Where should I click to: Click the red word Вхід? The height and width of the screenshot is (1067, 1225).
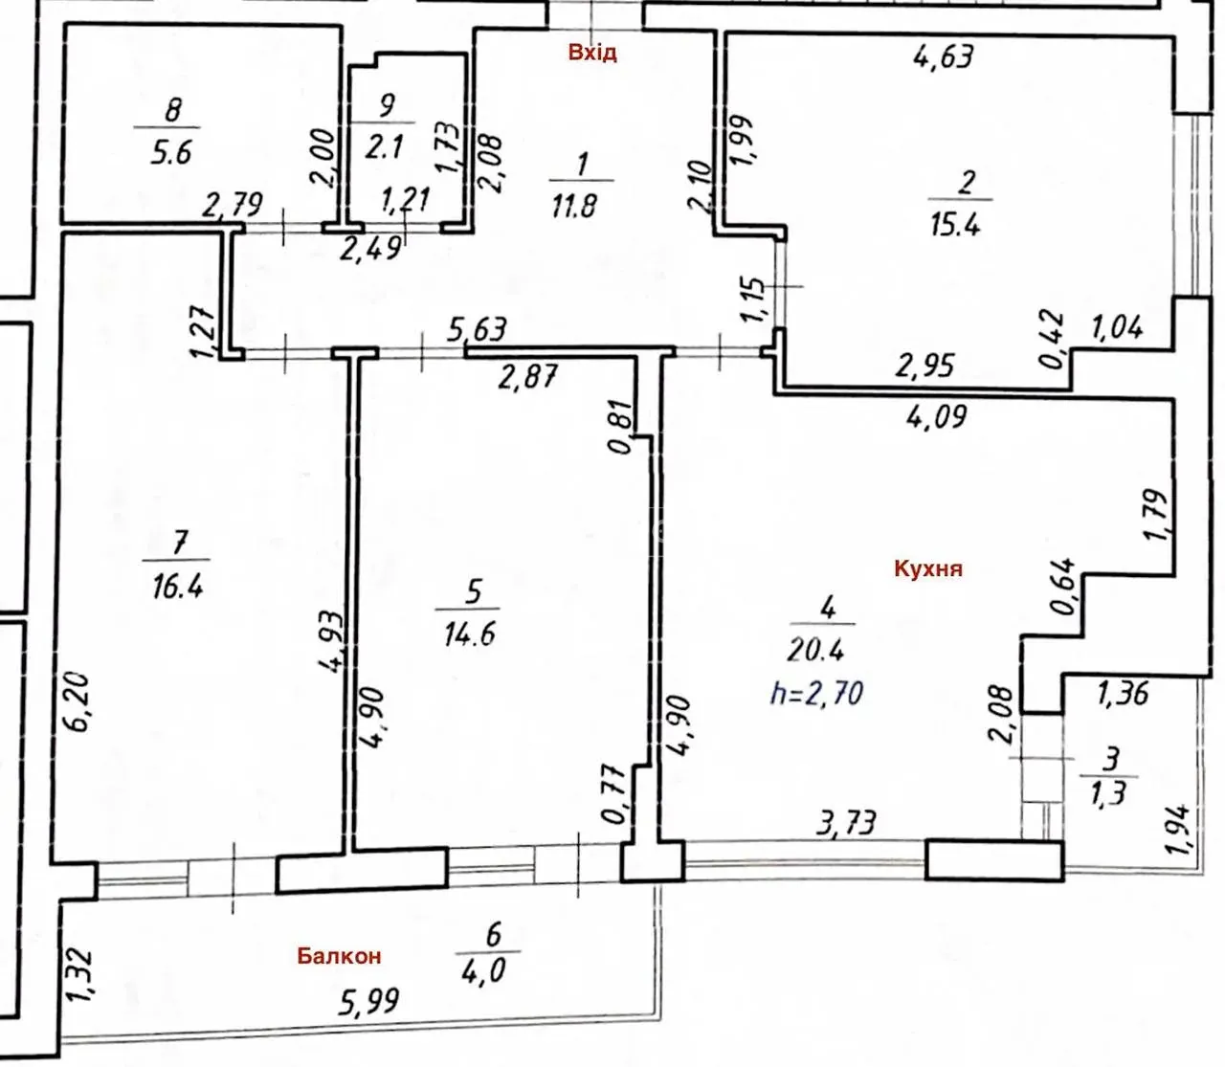[x=592, y=54]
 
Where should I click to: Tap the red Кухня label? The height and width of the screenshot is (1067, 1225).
[x=928, y=567]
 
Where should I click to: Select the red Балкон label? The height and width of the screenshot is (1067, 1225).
[x=339, y=956]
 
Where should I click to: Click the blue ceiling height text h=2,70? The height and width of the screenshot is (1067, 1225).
[x=816, y=694]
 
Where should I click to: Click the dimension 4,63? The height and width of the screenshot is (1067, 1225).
[x=944, y=56]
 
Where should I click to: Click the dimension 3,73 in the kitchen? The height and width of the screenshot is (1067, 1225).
[x=846, y=823]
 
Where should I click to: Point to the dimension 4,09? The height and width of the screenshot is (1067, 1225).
[x=935, y=416]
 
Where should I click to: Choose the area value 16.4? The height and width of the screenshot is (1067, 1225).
[x=177, y=586]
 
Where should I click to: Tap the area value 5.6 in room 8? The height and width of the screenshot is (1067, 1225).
[x=171, y=152]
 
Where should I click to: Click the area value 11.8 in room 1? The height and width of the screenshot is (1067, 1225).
[x=573, y=207]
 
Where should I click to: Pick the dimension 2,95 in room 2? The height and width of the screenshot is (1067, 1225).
[x=924, y=365]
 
